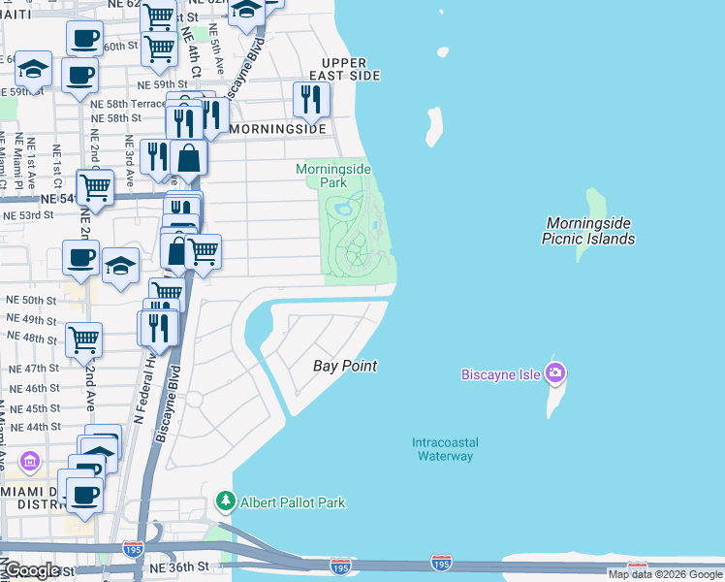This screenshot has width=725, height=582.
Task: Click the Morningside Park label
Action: [333, 176]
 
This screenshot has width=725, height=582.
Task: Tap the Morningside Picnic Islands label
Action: [589, 231]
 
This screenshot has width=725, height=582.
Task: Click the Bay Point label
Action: [345, 366]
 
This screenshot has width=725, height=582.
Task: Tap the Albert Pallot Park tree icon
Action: [226, 501]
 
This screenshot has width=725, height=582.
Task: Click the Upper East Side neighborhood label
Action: [345, 68]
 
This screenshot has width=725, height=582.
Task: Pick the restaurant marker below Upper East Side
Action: [311, 99]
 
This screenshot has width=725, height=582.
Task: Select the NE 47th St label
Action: [33, 369]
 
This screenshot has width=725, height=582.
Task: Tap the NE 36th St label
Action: [179, 566]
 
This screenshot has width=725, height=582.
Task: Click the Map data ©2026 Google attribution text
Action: [666, 574]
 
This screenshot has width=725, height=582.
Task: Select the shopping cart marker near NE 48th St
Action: [84, 339]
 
